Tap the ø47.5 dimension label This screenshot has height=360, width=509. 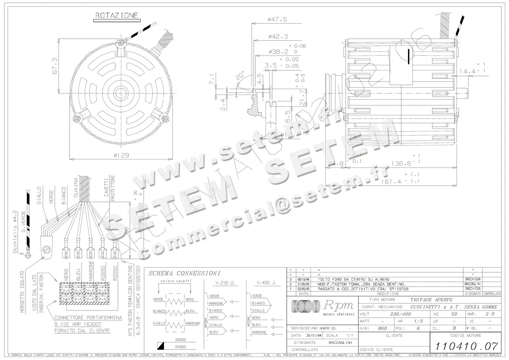pyautogui.click(x=277, y=20)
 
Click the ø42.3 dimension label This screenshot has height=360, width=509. pyautogui.click(x=278, y=36)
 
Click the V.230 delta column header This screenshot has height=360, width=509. pyautogui.click(x=225, y=283)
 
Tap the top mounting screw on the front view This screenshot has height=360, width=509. pyautogui.click(x=122, y=42)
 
